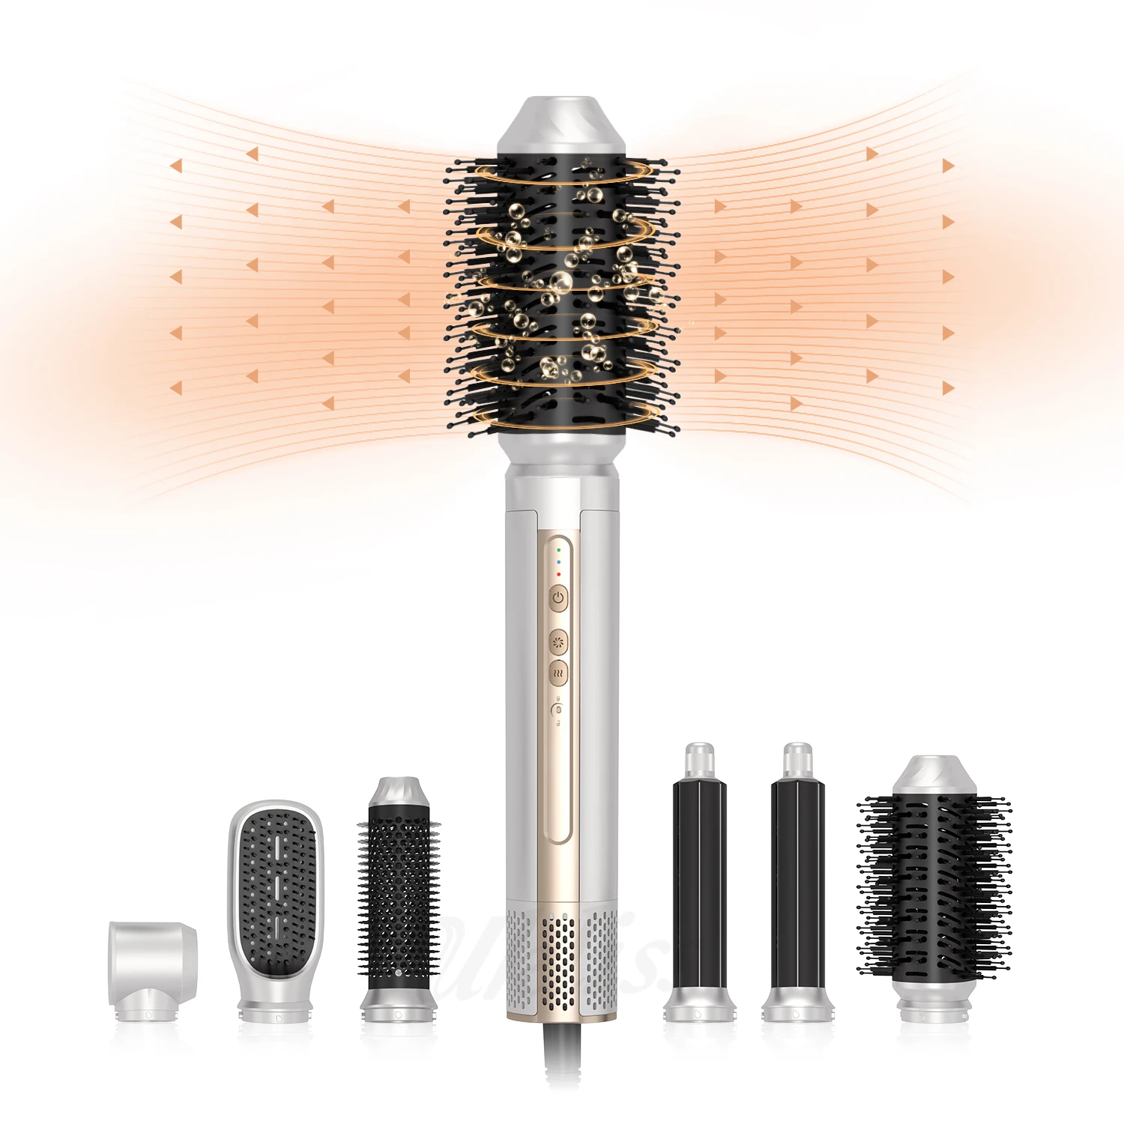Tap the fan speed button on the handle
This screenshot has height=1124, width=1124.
559,642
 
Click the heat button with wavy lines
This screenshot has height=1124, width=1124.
558,673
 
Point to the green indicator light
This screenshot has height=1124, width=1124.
558,550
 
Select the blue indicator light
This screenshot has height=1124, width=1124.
558,562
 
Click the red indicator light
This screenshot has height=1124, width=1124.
558,574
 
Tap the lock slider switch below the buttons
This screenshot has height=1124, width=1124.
558,710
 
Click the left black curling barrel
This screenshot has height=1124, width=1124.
698,884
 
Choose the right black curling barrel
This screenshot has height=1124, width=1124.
797,884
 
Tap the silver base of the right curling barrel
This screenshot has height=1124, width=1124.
797,1004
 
